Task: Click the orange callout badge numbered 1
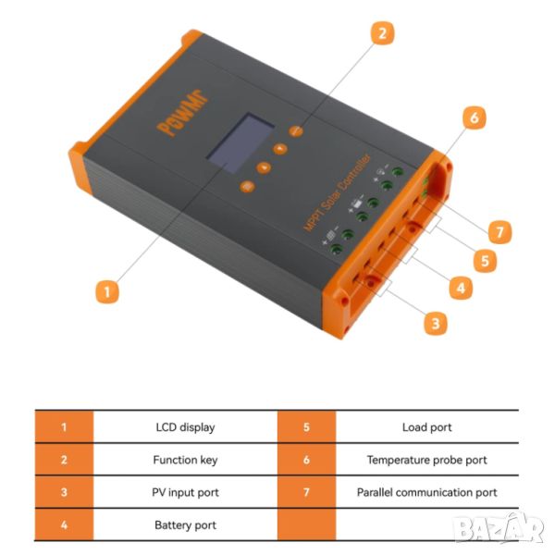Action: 107,292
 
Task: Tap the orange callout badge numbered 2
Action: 382,33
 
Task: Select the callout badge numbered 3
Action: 436,323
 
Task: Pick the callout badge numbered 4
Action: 461,288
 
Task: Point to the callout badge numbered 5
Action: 485,261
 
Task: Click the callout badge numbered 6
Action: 475,117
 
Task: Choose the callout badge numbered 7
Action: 499,232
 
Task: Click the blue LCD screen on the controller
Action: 240,143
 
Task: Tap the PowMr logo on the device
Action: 182,113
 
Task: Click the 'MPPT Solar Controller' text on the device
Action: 337,193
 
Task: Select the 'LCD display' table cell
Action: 186,427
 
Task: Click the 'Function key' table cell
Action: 186,460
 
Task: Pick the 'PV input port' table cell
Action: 186,492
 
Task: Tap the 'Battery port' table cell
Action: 186,524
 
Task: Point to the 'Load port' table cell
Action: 427,427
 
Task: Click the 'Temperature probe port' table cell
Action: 427,460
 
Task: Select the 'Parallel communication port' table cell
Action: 427,492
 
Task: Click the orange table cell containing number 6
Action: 306,460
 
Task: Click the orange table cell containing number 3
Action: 64,492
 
